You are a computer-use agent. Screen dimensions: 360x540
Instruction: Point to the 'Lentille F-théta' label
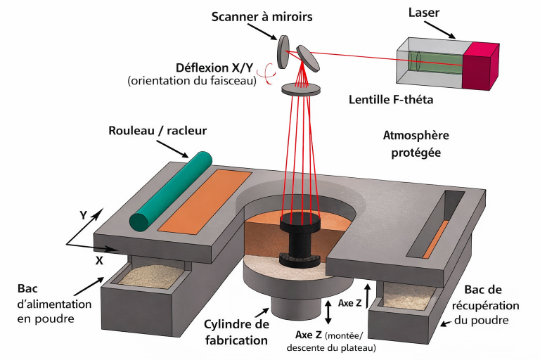pyautogui.click(x=391, y=100)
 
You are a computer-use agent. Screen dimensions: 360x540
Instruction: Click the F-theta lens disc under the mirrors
pyautogui.click(x=302, y=89)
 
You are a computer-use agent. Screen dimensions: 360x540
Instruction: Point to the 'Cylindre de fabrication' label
pyautogui.click(x=236, y=332)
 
